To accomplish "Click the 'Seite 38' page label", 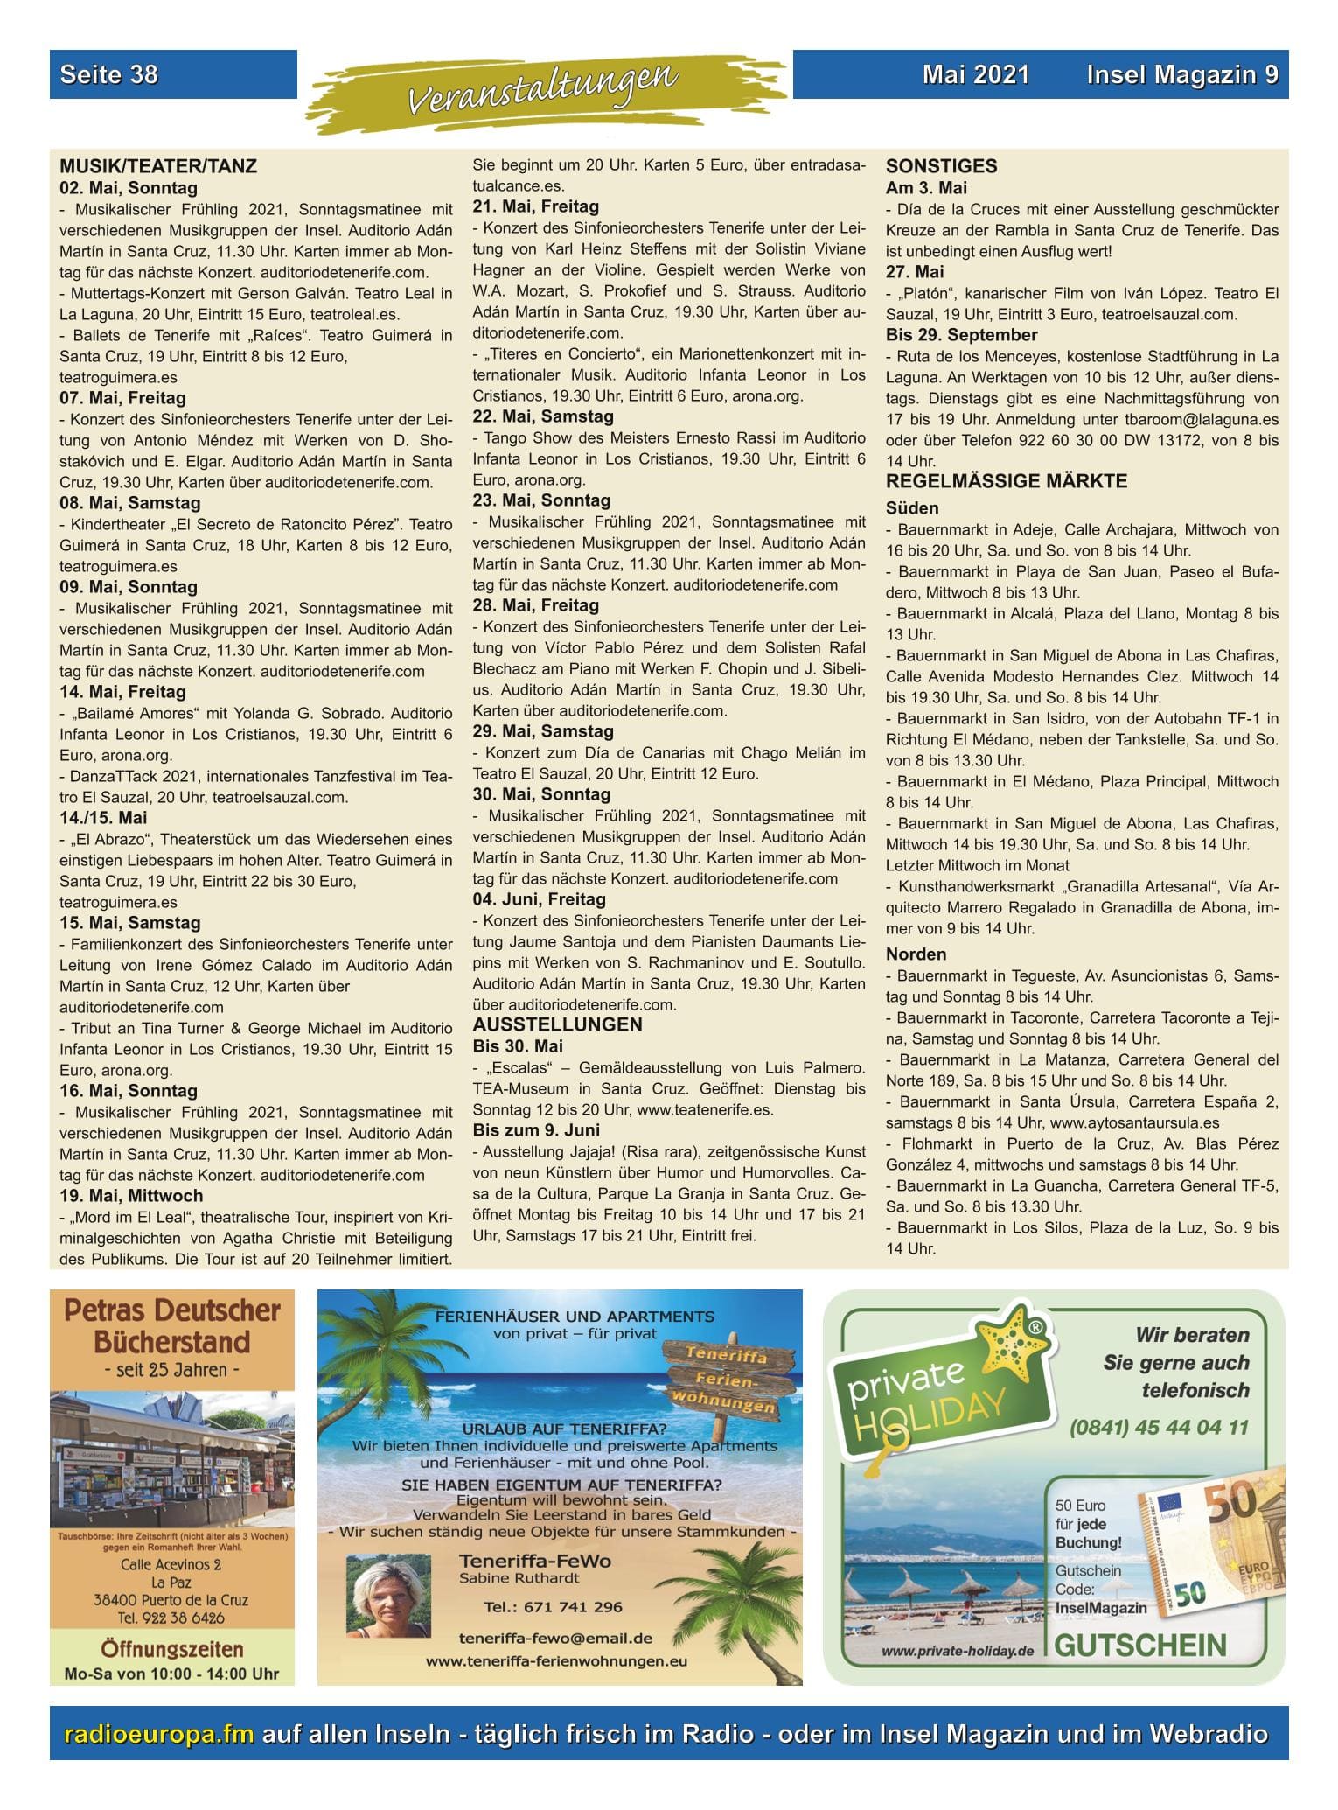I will click(109, 74).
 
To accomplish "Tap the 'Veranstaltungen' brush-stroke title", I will click(543, 88).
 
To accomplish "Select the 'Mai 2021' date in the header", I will click(975, 75).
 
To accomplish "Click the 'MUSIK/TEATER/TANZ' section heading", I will click(158, 166).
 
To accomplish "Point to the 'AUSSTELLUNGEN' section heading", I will click(557, 1024).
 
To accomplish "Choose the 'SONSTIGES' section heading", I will click(941, 166).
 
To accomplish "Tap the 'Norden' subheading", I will click(916, 954).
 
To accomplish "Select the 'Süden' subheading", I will click(912, 508).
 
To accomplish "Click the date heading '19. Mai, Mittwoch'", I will click(131, 1196).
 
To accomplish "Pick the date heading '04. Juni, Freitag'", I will click(539, 899).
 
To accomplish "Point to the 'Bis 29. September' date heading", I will click(961, 335).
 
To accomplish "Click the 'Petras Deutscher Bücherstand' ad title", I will click(172, 1326).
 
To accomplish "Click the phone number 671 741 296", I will click(553, 1607).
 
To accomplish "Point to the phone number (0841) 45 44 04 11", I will click(1159, 1428).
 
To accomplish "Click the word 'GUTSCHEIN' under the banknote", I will click(1140, 1646).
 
